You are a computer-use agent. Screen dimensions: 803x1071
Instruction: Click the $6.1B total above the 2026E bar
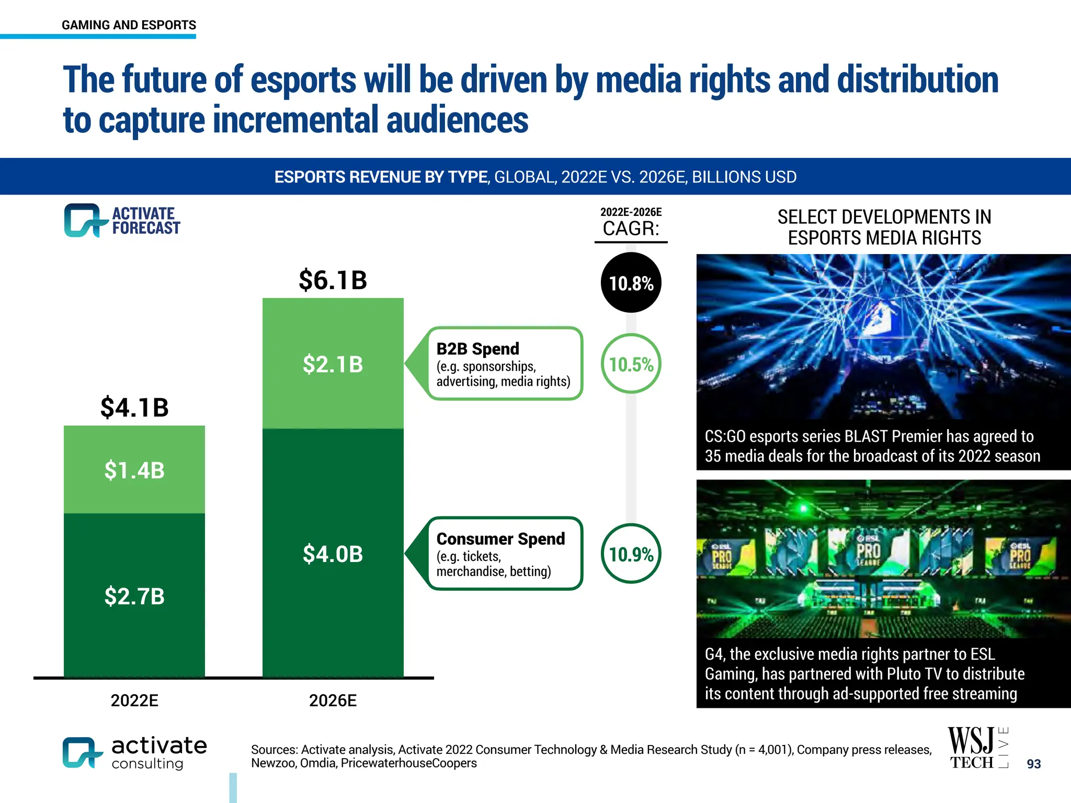tap(333, 280)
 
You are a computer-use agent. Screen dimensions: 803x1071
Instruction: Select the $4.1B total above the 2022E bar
tap(134, 407)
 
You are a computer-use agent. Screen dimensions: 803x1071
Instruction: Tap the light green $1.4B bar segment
tap(134, 470)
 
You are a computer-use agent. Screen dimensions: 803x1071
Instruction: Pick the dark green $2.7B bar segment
tap(134, 596)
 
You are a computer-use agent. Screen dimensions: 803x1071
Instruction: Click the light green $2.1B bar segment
tap(333, 364)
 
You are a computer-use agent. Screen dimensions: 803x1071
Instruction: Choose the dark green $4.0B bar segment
tap(333, 554)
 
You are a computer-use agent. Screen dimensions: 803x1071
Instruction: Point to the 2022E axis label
tap(134, 700)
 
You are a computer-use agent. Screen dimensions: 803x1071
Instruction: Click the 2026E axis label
tap(333, 700)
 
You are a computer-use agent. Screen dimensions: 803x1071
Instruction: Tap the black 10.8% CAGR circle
tap(631, 283)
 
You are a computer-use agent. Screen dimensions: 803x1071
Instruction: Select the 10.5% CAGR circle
tap(631, 364)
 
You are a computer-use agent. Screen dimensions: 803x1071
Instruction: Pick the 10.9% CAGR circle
tap(631, 554)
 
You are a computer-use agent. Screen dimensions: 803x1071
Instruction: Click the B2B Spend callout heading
tap(477, 349)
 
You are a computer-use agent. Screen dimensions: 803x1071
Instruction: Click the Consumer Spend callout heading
tap(500, 538)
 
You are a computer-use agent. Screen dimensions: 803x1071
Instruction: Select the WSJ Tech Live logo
tap(978, 748)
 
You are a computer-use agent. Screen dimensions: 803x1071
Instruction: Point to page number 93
tap(1033, 764)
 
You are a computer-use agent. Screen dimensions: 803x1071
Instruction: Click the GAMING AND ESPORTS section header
tap(129, 25)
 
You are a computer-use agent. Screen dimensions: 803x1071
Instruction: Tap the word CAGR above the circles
tap(631, 228)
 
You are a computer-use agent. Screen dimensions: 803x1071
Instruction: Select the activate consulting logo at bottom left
tap(134, 753)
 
